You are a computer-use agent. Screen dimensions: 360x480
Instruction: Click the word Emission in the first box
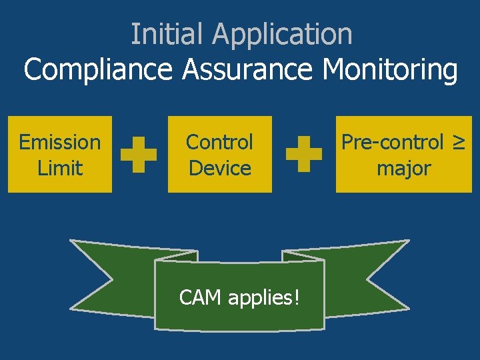pos(60,142)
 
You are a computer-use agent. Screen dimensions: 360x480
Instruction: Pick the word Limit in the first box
pos(60,168)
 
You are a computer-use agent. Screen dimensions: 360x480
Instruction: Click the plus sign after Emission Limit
pos(139,155)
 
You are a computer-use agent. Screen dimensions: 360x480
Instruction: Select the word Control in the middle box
pos(219,142)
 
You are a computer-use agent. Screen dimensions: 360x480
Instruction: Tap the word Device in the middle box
pos(219,168)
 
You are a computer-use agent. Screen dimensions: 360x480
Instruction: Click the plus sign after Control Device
pos(304,155)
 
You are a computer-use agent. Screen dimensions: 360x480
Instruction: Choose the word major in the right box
pos(403,168)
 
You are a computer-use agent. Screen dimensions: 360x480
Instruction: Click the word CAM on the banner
pos(201,297)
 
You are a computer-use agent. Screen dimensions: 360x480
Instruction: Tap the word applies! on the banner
pos(264,298)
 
